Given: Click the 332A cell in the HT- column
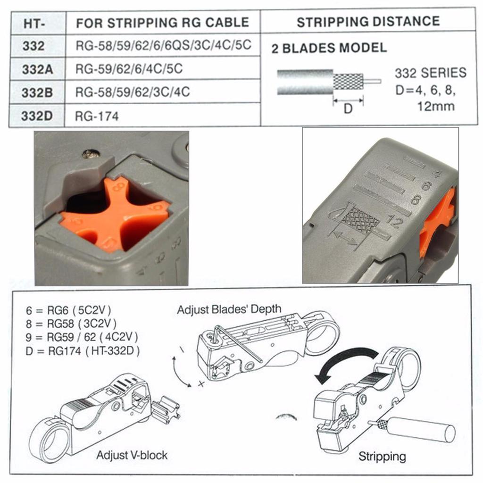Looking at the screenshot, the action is coord(37,69).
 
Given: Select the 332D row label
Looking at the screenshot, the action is coord(37,116).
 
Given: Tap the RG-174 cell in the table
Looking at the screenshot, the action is coord(97,117).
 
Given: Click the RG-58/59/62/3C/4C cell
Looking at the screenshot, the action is coord(133,92).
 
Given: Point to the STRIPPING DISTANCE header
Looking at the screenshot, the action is coord(368,22).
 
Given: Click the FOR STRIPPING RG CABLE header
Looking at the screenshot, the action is coord(162,23).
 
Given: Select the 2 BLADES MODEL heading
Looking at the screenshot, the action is coord(329,48).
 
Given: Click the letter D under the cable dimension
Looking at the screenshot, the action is coord(348,108).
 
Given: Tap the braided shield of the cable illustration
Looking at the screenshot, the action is coord(349,82).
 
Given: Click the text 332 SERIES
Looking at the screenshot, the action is coord(431,73).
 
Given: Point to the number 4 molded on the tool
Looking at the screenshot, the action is coord(437,174).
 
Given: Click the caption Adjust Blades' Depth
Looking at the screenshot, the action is coord(229,309).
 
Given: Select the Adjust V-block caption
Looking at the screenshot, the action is coord(132,455).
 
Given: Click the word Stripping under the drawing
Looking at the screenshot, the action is coord(382,457).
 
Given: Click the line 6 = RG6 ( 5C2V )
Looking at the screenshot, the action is coord(68,310).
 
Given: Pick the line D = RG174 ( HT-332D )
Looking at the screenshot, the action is coord(83,351).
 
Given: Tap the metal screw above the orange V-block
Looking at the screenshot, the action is coord(91,153).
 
